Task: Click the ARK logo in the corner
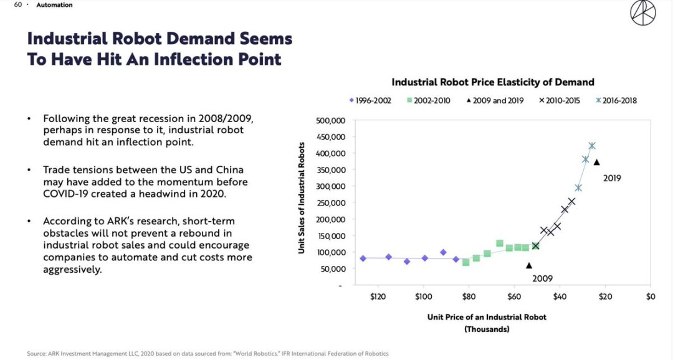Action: (x=642, y=13)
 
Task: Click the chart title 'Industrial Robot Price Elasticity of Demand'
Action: (x=492, y=82)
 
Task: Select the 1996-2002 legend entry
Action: (x=370, y=100)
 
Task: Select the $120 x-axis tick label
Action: (x=378, y=296)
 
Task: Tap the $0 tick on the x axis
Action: (x=650, y=296)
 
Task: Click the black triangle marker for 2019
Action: (x=596, y=162)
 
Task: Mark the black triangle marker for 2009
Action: (x=529, y=265)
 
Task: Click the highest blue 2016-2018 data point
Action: (x=591, y=146)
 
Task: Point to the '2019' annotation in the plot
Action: (x=612, y=178)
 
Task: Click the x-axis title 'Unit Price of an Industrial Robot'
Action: (x=487, y=317)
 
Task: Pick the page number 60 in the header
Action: (x=17, y=5)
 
